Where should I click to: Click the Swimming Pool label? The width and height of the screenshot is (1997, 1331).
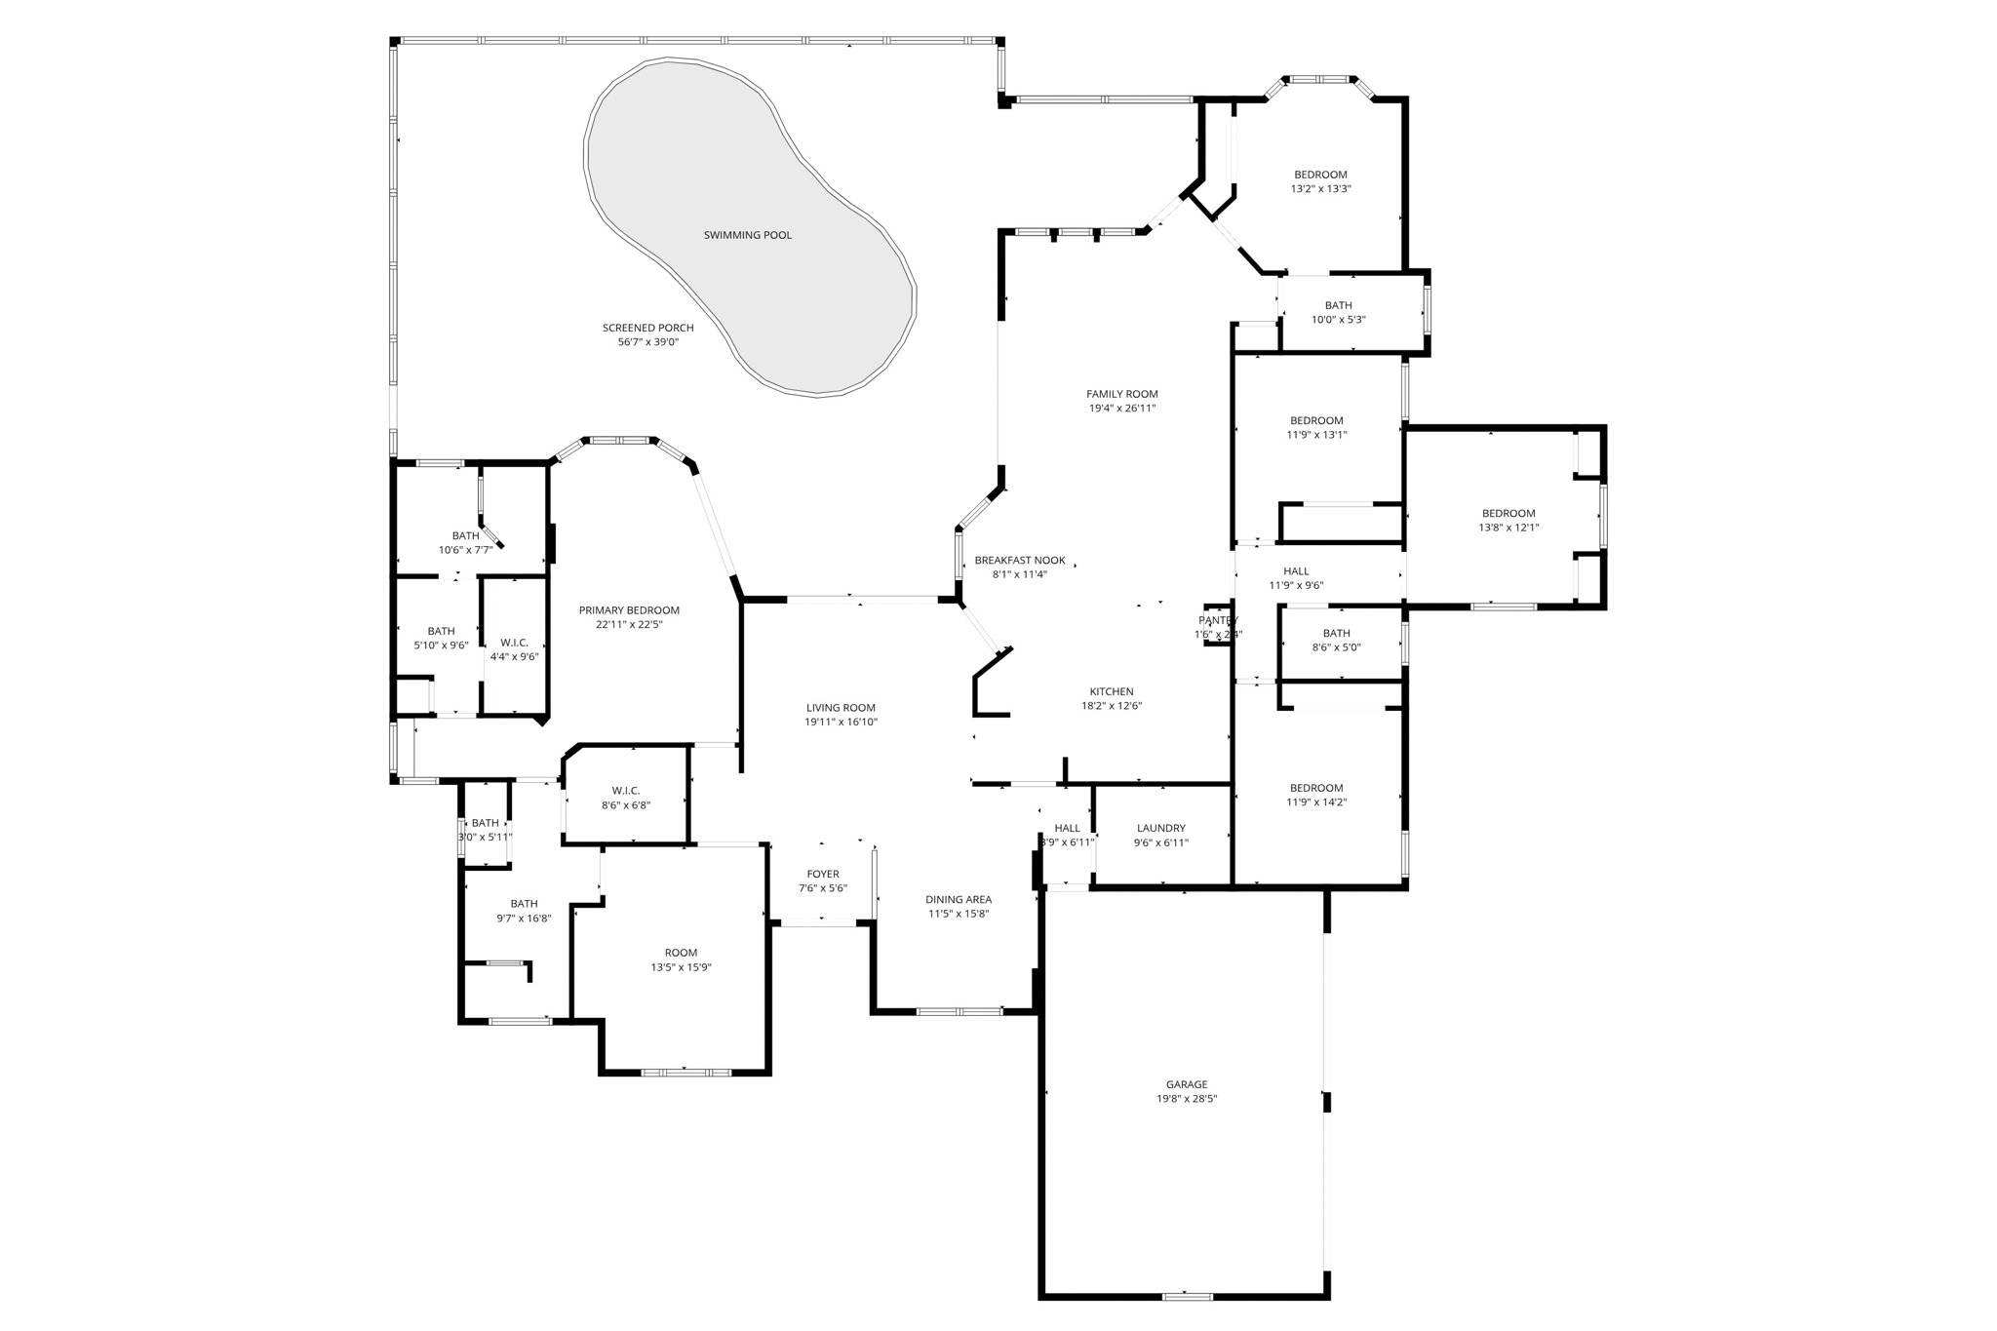coord(747,235)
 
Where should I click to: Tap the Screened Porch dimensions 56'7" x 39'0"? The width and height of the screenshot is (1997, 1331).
coord(647,342)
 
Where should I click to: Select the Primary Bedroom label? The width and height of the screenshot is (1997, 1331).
coord(628,610)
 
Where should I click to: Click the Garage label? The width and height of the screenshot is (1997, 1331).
coord(1186,1084)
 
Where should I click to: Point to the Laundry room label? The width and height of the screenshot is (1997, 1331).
coord(1160,828)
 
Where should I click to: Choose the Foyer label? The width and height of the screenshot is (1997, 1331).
coord(822,874)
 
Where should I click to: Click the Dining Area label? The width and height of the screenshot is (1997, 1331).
coord(958,899)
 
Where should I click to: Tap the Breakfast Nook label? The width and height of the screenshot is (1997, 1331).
coord(1019,561)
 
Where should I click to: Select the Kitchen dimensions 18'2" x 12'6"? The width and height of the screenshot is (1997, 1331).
coord(1111,706)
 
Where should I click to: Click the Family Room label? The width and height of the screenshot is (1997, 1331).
coord(1121,394)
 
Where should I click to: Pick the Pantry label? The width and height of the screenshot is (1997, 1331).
coord(1217,620)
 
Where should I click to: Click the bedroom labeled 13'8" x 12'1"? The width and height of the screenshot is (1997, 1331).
coord(1508,520)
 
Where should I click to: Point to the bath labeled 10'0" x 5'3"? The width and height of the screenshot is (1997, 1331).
coord(1338,312)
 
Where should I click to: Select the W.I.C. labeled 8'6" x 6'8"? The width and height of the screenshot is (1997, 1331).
coord(625,798)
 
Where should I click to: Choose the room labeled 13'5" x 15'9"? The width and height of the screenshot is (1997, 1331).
coord(681,959)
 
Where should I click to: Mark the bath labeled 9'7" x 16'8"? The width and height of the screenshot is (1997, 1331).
coord(524,911)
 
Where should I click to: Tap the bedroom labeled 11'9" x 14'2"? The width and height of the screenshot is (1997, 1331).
coord(1315,795)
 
